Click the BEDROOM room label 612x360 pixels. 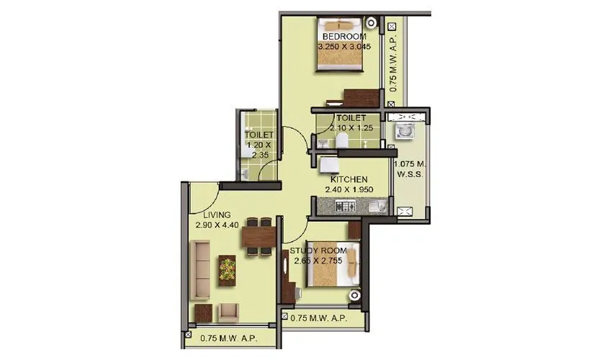click(x=343, y=36)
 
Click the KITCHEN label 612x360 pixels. click(x=349, y=179)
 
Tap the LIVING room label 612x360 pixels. click(x=216, y=215)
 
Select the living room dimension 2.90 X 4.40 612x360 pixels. click(x=216, y=225)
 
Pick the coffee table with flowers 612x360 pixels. click(x=228, y=268)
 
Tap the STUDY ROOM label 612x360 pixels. click(x=318, y=250)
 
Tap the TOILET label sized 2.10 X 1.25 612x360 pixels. click(x=350, y=117)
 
